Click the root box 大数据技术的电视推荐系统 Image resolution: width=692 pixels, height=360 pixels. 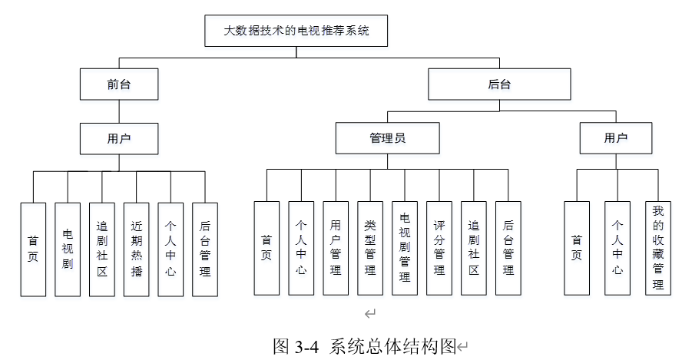[296, 31]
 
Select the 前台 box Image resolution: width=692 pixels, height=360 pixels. [119, 84]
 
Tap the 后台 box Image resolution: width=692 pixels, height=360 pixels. [499, 84]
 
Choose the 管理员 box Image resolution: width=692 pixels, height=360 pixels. [388, 138]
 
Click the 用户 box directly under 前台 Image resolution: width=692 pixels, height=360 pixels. [119, 138]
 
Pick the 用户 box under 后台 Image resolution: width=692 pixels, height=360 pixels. [616, 138]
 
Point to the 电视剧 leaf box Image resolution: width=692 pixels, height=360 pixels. [68, 249]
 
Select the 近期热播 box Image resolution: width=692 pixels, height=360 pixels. [137, 249]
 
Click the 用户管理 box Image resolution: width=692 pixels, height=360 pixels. [336, 249]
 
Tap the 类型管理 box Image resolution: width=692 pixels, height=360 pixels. [370, 249]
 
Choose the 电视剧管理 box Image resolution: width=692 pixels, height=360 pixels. [405, 249]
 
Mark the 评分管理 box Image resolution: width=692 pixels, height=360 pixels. [439, 249]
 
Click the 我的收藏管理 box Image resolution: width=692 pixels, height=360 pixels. [658, 249]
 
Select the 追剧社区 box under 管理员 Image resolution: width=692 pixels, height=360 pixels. [474, 249]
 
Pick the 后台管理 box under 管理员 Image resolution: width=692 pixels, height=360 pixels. [508, 249]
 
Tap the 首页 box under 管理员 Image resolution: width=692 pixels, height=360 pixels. [267, 249]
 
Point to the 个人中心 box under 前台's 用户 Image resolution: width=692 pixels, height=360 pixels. [171, 249]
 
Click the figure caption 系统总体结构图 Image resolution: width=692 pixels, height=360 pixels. [392, 346]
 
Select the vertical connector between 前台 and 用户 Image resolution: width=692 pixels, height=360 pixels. [119, 111]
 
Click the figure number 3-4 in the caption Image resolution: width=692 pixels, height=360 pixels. [306, 347]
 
